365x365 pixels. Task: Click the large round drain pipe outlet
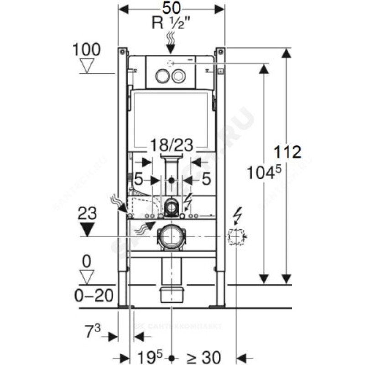click(171, 236)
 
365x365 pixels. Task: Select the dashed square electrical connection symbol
click(236, 236)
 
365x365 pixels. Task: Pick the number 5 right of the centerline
click(206, 180)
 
